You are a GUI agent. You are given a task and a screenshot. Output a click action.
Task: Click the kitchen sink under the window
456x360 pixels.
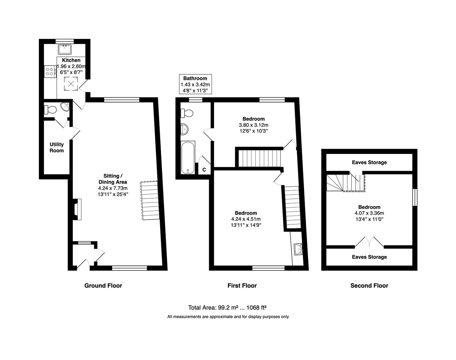tap(65, 49)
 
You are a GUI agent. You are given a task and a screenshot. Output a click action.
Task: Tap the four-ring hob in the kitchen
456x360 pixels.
tap(50, 71)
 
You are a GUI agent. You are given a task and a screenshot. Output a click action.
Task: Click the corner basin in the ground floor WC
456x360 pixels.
tap(65, 107)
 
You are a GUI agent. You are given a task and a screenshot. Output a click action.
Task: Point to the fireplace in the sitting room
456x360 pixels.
tap(77, 209)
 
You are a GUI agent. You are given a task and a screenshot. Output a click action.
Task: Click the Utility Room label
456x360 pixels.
tap(57, 147)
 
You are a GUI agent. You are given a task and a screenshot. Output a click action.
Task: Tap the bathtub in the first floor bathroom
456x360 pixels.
tap(188, 157)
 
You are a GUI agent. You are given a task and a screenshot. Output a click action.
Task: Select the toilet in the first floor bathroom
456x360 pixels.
tap(187, 113)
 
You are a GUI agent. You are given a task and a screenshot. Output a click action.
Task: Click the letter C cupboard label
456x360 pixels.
tap(204, 170)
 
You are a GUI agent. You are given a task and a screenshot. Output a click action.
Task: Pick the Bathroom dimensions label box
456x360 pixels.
tap(196, 84)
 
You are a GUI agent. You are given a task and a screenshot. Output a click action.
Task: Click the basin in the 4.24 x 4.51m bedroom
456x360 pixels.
tap(298, 249)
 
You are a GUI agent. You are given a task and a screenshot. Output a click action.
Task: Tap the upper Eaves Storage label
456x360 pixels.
tap(369, 162)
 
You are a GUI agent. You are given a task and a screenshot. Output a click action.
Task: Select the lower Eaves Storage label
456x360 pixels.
tap(369, 257)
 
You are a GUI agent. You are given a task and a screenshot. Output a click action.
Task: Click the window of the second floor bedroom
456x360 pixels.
tap(415, 197)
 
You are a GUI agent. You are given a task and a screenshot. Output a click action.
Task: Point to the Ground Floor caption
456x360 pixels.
tap(103, 286)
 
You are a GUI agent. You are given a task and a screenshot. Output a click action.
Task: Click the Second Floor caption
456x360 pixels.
tap(369, 286)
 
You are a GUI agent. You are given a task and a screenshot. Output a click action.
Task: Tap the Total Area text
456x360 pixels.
tap(228, 307)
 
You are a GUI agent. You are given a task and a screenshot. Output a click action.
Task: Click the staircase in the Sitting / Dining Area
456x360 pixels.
tap(150, 200)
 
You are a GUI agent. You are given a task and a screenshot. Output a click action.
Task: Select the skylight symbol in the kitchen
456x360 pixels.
tap(71, 84)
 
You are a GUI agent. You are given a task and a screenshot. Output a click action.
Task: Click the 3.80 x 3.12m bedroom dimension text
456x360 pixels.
tap(253, 125)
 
